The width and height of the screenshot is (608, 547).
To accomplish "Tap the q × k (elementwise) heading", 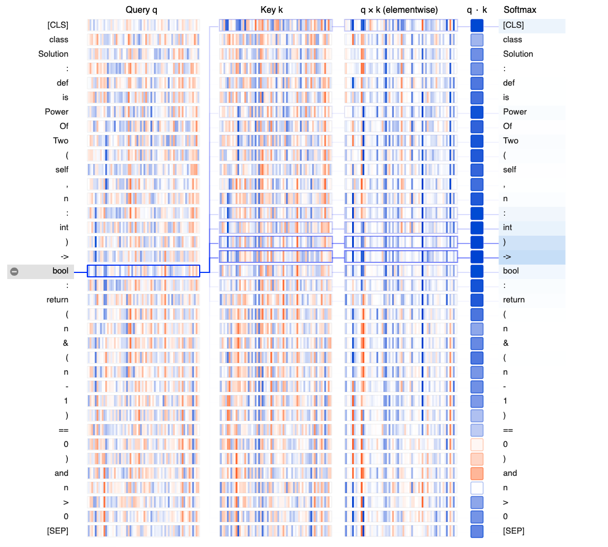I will click(x=399, y=9).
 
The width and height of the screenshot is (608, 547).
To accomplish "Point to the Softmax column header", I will click(x=520, y=9).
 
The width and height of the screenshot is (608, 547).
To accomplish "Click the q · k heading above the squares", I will click(x=477, y=9).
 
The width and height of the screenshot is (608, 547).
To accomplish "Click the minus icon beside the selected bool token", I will click(x=14, y=271).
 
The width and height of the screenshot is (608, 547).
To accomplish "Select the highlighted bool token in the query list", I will click(x=60, y=271).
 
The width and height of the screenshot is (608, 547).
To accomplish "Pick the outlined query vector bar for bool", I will click(x=144, y=271).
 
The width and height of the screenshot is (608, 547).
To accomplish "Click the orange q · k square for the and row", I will click(x=477, y=473).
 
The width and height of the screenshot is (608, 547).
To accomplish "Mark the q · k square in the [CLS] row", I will click(x=477, y=25).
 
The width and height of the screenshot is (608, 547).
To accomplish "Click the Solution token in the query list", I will click(x=53, y=54).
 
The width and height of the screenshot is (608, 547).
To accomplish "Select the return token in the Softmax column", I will click(x=514, y=300).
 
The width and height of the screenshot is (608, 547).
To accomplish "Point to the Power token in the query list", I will click(x=57, y=112).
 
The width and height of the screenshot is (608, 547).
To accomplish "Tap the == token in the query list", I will click(x=63, y=430).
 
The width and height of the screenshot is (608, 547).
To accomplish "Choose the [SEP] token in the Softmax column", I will click(x=513, y=531).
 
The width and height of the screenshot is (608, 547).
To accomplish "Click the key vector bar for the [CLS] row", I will click(x=275, y=25).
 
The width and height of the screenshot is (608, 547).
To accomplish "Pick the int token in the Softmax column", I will click(x=507, y=227).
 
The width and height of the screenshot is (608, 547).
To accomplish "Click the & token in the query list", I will click(x=66, y=343).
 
